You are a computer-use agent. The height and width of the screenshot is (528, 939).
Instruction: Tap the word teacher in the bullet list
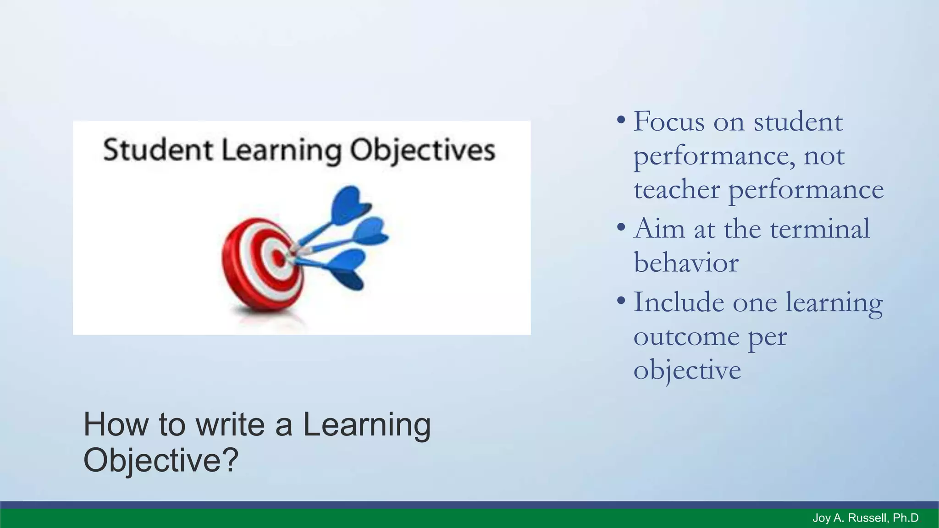[677, 189]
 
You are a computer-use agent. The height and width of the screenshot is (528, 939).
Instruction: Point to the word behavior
[686, 263]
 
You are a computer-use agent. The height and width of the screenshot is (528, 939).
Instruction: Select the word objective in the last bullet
[687, 371]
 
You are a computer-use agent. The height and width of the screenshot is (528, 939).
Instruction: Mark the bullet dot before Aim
[621, 227]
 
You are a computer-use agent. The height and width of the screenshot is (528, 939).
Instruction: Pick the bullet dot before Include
[621, 301]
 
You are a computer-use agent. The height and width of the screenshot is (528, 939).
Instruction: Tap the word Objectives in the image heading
[422, 151]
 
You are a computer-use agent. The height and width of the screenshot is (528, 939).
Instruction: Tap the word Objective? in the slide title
[160, 460]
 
